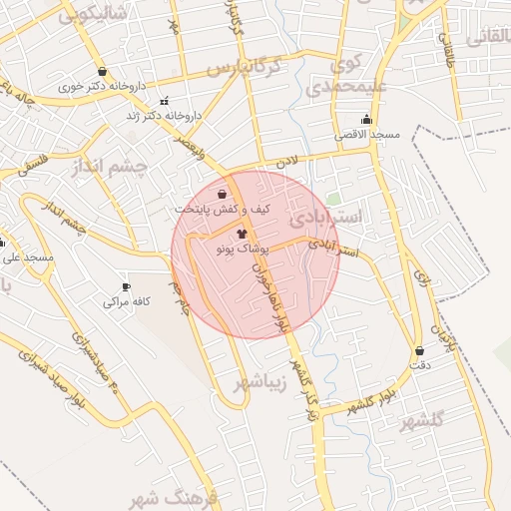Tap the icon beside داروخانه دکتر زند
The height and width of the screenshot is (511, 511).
point(165,101)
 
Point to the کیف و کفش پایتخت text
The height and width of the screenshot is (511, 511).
point(209,210)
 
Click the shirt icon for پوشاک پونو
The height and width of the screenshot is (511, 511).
point(242,231)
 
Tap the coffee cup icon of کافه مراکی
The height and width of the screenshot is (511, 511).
point(126,286)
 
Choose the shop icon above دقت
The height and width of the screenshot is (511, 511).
point(418,350)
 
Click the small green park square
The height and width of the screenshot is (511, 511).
point(333,200)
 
